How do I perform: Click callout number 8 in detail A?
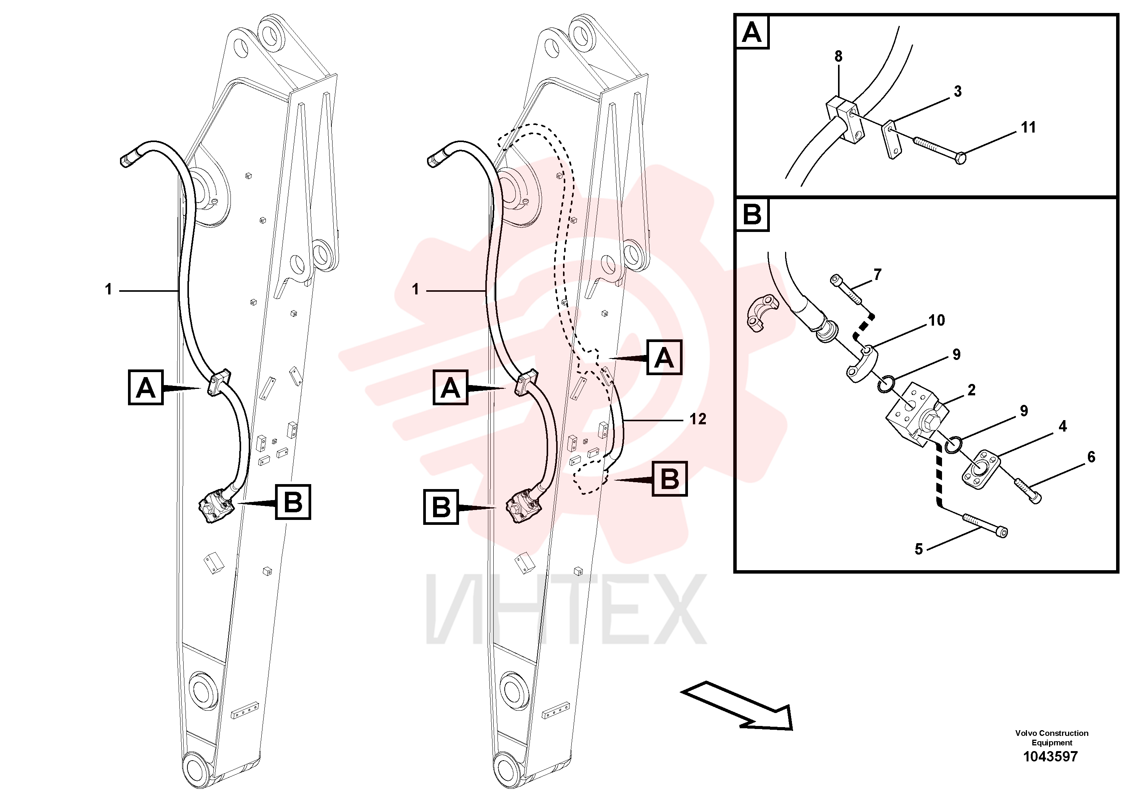[838, 56]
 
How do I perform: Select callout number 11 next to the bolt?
[1028, 128]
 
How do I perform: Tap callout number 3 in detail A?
[958, 91]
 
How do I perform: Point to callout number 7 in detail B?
[877, 275]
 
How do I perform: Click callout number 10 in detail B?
[936, 320]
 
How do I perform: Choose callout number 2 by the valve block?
[971, 390]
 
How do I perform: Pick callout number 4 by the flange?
[1063, 426]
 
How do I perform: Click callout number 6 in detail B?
[1091, 457]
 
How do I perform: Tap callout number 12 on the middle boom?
[698, 419]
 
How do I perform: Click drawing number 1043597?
[1051, 756]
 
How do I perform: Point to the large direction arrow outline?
[737, 705]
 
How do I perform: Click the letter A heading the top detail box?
[752, 33]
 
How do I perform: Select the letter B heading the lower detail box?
[752, 215]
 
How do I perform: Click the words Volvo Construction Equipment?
[1051, 738]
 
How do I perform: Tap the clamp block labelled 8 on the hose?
[846, 122]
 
